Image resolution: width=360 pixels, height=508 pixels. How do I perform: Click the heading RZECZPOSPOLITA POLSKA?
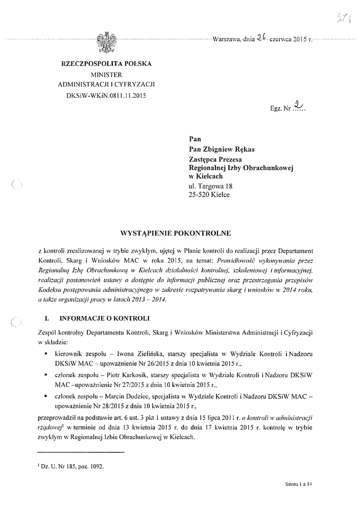click(106, 64)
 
